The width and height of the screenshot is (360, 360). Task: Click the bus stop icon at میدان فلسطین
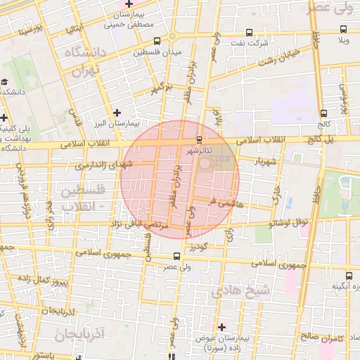pyautogui.click(x=172, y=38)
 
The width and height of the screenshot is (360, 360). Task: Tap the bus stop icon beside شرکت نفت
pyautogui.click(x=250, y=32)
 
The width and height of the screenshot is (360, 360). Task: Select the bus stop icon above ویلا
pyautogui.click(x=343, y=30)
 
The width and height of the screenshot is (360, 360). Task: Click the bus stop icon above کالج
pyautogui.click(x=323, y=112)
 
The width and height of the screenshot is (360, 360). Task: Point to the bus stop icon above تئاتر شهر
pyautogui.click(x=200, y=139)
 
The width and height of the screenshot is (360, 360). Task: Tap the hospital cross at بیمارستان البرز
pyautogui.click(x=117, y=112)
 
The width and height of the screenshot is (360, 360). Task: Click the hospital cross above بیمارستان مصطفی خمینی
pyautogui.click(x=129, y=4)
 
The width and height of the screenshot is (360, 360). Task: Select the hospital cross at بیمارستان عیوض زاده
pyautogui.click(x=222, y=327)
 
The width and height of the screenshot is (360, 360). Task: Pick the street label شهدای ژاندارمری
pyautogui.click(x=102, y=165)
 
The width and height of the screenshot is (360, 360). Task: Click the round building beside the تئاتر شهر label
pyautogui.click(x=205, y=163)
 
